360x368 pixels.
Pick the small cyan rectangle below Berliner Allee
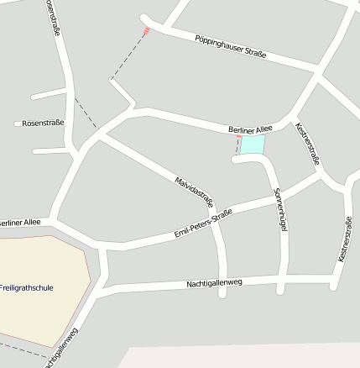(x=253, y=145)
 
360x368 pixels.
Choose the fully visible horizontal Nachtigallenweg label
(x=214, y=283)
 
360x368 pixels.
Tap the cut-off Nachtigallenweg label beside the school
(x=60, y=348)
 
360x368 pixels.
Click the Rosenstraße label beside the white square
(x=43, y=123)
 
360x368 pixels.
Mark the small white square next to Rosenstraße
(x=18, y=124)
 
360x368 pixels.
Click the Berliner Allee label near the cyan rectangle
(x=250, y=129)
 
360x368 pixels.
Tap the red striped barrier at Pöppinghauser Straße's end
(x=146, y=30)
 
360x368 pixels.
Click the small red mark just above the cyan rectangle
(x=238, y=137)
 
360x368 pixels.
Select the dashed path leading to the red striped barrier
(x=128, y=56)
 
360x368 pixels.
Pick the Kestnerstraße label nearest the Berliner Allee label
(x=308, y=144)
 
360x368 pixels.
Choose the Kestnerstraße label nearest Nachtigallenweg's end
(x=345, y=239)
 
